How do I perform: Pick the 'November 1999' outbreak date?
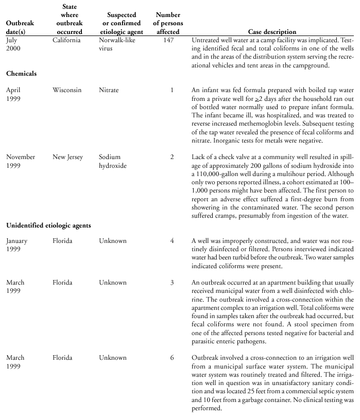coord(21,161)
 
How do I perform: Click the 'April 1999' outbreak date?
coord(14,94)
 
